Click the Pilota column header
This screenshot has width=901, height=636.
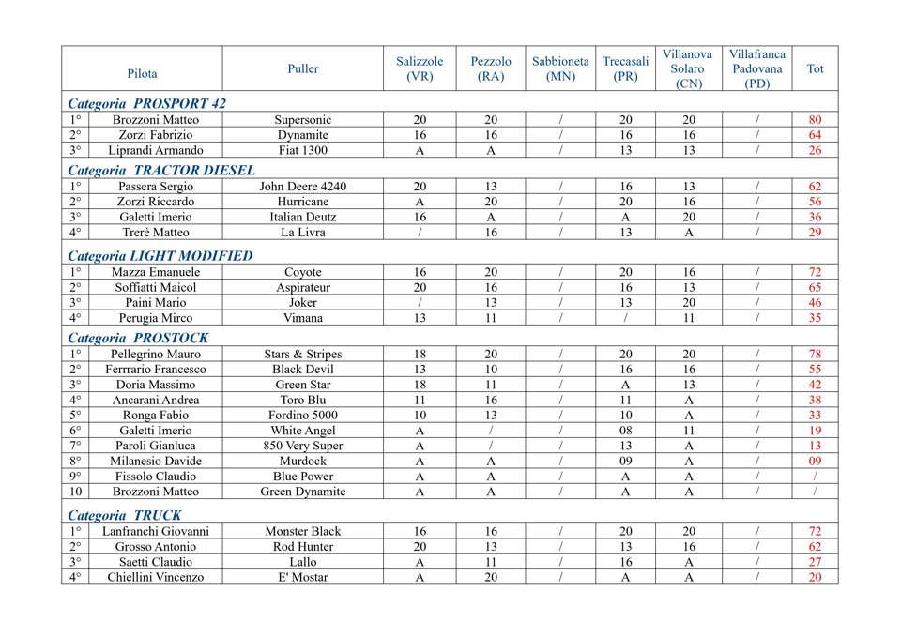[143, 72]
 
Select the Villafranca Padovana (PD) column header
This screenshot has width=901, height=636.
[756, 68]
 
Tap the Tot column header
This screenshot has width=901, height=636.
[815, 68]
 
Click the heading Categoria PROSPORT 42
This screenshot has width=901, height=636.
[146, 103]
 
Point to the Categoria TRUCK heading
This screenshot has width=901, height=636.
[125, 515]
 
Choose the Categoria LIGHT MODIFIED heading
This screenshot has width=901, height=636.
[160, 255]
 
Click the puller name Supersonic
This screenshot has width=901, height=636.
[302, 120]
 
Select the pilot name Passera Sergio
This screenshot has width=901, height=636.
[156, 187]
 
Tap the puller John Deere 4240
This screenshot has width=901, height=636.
[302, 187]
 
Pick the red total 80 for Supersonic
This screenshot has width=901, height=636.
[815, 120]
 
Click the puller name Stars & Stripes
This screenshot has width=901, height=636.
[302, 355]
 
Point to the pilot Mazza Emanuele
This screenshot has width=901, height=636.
[156, 272]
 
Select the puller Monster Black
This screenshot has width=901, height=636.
[302, 532]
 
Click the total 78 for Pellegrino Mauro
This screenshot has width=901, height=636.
[815, 355]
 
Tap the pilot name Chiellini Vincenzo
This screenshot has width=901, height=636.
[156, 577]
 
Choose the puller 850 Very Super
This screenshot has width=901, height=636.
[302, 446]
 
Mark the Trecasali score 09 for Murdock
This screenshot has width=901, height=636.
[625, 462]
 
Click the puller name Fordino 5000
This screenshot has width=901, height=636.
[302, 416]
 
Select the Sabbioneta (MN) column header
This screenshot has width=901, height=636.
[560, 68]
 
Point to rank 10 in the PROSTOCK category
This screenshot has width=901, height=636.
[74, 492]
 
